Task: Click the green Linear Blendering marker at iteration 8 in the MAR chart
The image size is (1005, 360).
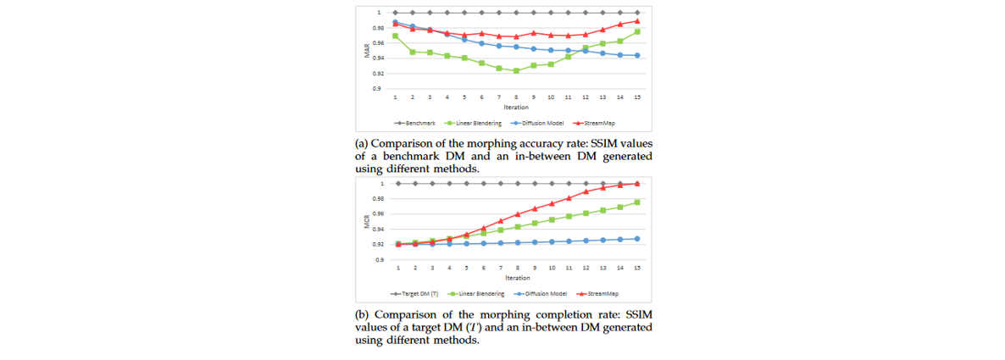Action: [x=516, y=70]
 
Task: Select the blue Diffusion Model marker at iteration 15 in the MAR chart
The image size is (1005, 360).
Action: [x=637, y=56]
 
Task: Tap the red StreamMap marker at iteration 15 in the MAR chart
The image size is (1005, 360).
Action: [x=637, y=21]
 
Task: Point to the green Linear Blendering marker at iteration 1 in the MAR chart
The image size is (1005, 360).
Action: [x=396, y=36]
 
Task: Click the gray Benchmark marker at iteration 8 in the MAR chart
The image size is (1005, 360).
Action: [x=516, y=13]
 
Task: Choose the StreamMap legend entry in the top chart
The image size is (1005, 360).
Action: [x=597, y=123]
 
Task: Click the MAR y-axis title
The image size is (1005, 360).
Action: [x=367, y=51]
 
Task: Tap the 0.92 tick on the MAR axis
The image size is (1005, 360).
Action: [x=378, y=73]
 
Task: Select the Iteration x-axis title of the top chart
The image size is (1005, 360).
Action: [x=516, y=108]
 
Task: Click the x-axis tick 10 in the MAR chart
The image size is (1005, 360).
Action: [x=551, y=98]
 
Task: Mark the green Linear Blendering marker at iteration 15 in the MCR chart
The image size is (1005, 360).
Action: [x=637, y=202]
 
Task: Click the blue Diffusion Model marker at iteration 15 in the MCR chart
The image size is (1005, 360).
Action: [x=637, y=239]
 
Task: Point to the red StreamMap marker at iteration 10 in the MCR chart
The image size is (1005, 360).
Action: [x=552, y=203]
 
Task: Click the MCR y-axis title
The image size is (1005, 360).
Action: [x=367, y=222]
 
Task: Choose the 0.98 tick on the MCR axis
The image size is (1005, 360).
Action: [x=378, y=199]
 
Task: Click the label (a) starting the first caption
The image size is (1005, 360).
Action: [x=360, y=146]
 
